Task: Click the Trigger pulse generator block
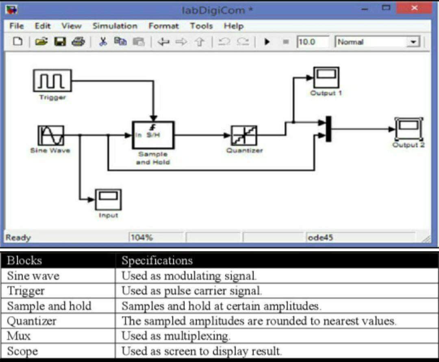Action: point(52,81)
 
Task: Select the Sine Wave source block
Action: point(51,135)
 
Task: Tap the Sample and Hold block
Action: point(153,135)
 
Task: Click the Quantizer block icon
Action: point(244,135)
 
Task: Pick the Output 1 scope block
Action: point(326,77)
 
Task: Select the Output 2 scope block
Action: point(409,129)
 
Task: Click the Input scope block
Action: point(108,200)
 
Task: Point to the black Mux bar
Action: point(328,129)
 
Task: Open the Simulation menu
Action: point(115,26)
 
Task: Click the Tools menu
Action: point(201,26)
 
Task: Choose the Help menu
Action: point(233,26)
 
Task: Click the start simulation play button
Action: point(267,42)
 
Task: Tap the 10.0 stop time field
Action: point(312,42)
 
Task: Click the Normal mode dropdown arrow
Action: point(413,42)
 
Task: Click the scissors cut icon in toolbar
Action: point(103,42)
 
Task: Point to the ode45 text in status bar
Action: point(321,237)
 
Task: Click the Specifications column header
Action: point(157,260)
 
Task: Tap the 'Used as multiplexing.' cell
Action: point(176,336)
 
